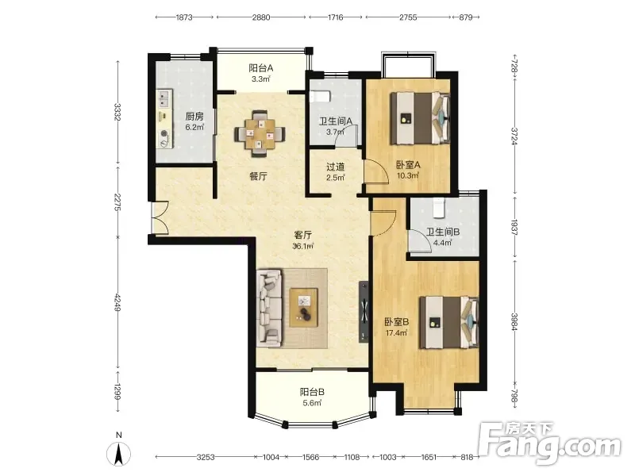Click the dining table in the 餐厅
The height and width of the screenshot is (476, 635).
click(x=260, y=133)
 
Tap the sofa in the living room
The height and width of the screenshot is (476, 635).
click(x=269, y=309)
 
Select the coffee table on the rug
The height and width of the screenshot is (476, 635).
click(x=304, y=307)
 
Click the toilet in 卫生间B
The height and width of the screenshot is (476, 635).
click(x=439, y=207)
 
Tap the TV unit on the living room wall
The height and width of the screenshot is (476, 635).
click(x=364, y=312)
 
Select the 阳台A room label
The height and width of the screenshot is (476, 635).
click(x=261, y=67)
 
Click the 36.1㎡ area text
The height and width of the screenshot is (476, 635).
click(x=303, y=246)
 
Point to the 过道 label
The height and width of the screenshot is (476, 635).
click(x=336, y=167)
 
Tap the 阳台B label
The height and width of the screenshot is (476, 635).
click(x=312, y=392)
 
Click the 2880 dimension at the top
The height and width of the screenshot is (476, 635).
click(x=261, y=17)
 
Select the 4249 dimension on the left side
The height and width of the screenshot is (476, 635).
click(x=117, y=302)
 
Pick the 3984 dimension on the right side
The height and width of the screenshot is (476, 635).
click(x=514, y=322)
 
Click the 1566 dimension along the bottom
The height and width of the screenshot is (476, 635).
click(x=310, y=458)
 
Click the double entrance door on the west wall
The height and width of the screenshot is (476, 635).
click(x=160, y=217)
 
